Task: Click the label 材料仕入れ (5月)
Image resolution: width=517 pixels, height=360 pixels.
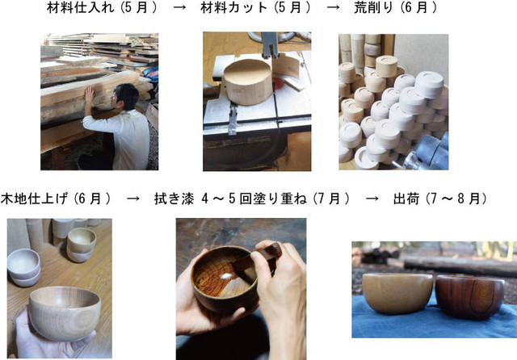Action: (102, 8)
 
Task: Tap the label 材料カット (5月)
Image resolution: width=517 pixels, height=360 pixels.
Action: (255, 8)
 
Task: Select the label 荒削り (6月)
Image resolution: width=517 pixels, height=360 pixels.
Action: (395, 8)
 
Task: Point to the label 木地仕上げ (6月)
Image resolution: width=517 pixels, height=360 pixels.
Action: (56, 199)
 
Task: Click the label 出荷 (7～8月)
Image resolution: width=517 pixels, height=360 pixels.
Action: (440, 199)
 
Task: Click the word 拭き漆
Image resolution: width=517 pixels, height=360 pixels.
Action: (174, 199)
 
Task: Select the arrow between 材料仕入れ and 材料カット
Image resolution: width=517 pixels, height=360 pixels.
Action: (179, 8)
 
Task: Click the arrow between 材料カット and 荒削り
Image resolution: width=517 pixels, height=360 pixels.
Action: (333, 8)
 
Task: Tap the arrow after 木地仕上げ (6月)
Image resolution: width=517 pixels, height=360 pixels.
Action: (132, 199)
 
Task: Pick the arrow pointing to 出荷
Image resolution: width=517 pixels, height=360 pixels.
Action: (372, 199)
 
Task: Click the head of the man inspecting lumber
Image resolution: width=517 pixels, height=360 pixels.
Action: (125, 96)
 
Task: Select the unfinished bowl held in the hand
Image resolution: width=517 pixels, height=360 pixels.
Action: (65, 313)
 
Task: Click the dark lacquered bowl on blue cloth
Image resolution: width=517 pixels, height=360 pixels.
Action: (470, 296)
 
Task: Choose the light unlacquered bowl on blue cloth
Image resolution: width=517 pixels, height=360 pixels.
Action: (397, 293)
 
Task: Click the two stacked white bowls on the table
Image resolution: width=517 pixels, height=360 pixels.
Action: (23, 267)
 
